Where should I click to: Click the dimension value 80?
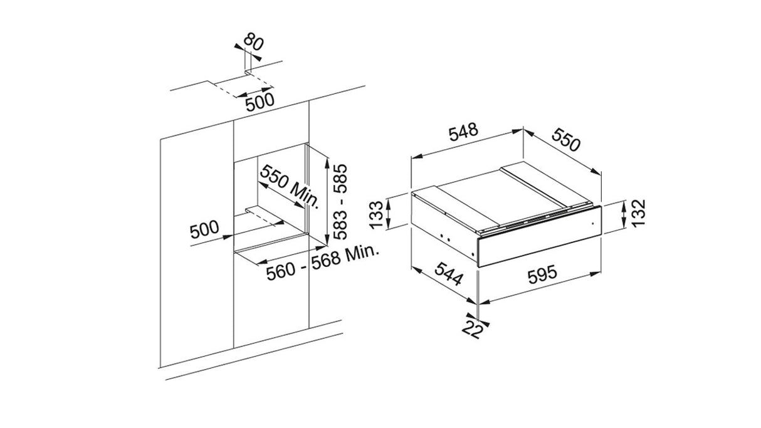coord(254,43)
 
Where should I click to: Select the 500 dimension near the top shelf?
coord(260,102)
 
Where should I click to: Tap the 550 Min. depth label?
coord(290,187)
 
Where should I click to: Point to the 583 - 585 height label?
coord(340,202)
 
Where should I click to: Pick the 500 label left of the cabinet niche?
coord(204,229)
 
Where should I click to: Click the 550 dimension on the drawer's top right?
coord(565,140)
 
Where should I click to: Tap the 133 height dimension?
coord(376,215)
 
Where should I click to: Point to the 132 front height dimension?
coord(638,213)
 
